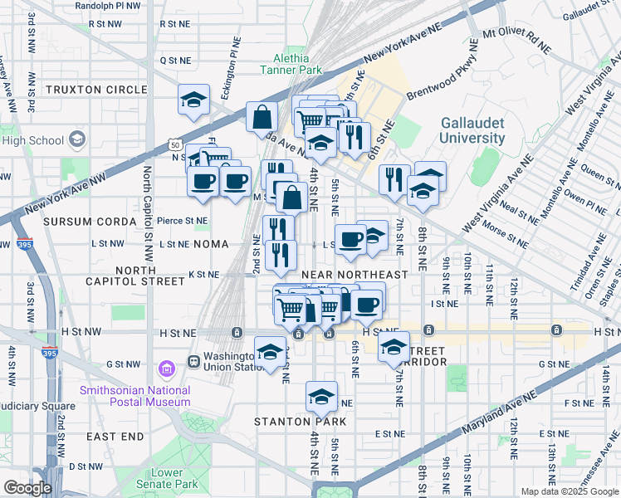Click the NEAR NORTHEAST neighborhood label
tap(355, 275)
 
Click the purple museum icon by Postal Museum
tap(166, 367)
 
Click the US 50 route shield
tap(173, 144)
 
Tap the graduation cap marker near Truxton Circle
tap(193, 101)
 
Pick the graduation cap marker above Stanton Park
tap(321, 397)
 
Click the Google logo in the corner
tap(27, 488)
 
